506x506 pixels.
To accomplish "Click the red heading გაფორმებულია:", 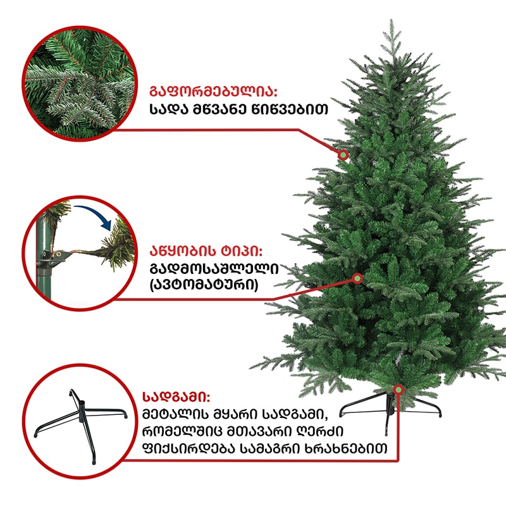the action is [x=213, y=92].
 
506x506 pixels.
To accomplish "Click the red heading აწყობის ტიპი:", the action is [x=206, y=250].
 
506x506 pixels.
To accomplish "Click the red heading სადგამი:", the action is [x=176, y=397].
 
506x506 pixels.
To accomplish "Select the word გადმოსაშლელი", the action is [x=214, y=268].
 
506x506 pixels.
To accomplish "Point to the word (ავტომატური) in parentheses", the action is [x=204, y=285].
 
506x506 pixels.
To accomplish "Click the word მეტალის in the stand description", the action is [x=176, y=414].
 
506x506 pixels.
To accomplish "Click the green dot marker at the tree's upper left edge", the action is [x=343, y=155].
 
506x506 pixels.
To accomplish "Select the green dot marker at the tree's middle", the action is [x=357, y=278].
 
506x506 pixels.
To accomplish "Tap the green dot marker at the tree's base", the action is [x=398, y=390].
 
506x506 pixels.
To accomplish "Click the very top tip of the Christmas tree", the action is [x=392, y=20].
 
